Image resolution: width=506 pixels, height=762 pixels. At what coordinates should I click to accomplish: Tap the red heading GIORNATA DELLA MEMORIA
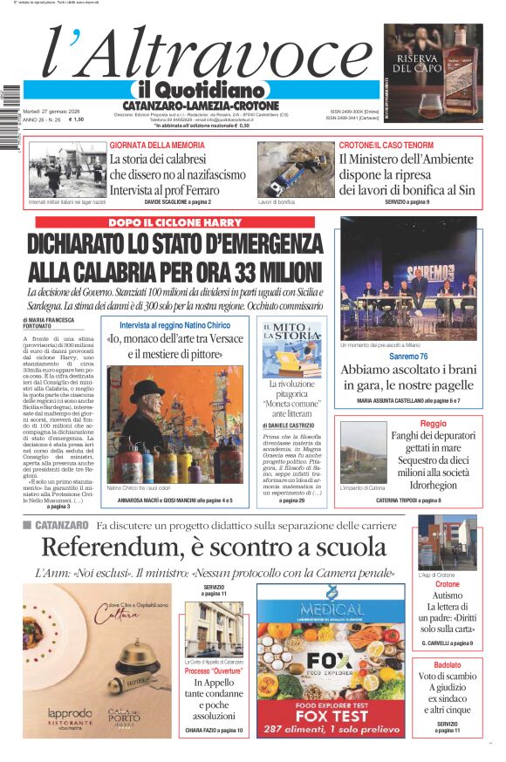coord(157,145)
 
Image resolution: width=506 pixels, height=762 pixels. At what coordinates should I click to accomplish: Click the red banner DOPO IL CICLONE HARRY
coord(174,222)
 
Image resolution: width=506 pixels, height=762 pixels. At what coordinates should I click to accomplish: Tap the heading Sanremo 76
coord(408,357)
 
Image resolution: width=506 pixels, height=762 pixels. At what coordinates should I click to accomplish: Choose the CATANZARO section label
coord(62,525)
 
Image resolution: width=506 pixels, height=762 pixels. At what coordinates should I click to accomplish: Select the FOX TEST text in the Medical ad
coord(331,717)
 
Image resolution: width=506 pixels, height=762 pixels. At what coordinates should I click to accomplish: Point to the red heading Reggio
coord(433,423)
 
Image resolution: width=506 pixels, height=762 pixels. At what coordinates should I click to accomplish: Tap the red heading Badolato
coord(447,665)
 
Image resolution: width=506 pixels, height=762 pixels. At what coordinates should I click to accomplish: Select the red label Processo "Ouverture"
coord(215,671)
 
